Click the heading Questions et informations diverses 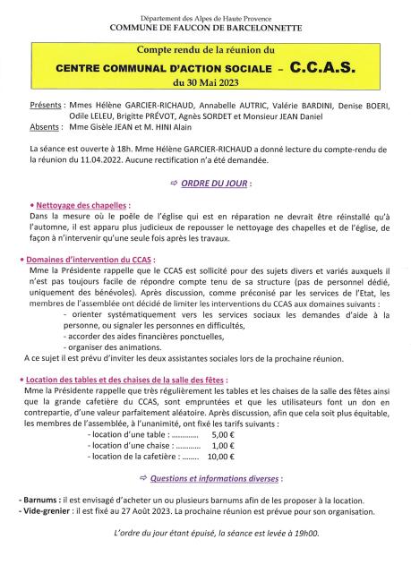(212, 480)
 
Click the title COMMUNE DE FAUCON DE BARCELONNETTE (206, 28)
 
